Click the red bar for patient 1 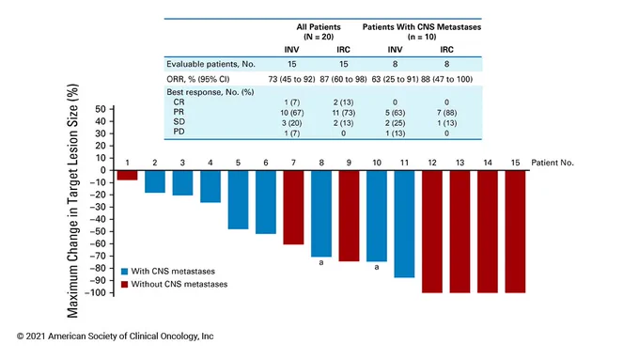[x=128, y=176]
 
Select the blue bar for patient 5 [x=238, y=200]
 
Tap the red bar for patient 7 [x=293, y=208]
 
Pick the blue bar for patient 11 [x=404, y=225]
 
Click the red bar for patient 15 [x=515, y=231]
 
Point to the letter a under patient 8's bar [x=321, y=262]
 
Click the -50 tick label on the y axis [x=98, y=231]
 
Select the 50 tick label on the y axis [x=101, y=109]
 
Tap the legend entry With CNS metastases [x=168, y=272]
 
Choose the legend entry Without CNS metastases [x=175, y=284]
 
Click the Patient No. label [x=553, y=163]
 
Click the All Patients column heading [x=319, y=27]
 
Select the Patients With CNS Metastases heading [x=422, y=27]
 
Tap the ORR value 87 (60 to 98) [x=343, y=79]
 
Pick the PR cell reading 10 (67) [x=292, y=113]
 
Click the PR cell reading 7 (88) [x=446, y=113]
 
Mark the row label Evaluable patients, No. [x=210, y=64]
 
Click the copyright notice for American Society [x=115, y=337]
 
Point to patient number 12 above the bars [x=432, y=163]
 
